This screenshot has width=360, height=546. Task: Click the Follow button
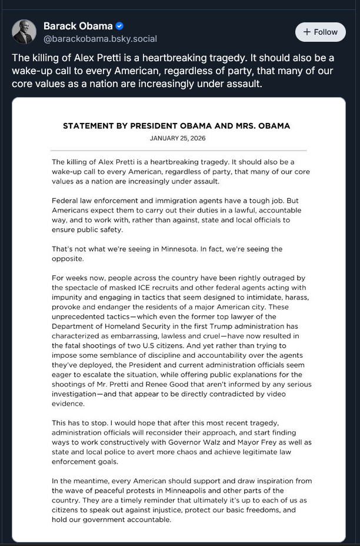321,32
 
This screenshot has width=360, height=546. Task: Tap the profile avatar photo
24,32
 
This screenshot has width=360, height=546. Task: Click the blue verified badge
119,26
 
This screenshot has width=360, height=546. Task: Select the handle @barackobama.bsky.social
100,39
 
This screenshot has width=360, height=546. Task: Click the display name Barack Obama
78,26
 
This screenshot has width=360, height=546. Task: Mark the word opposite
68,258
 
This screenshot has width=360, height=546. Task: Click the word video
300,394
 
